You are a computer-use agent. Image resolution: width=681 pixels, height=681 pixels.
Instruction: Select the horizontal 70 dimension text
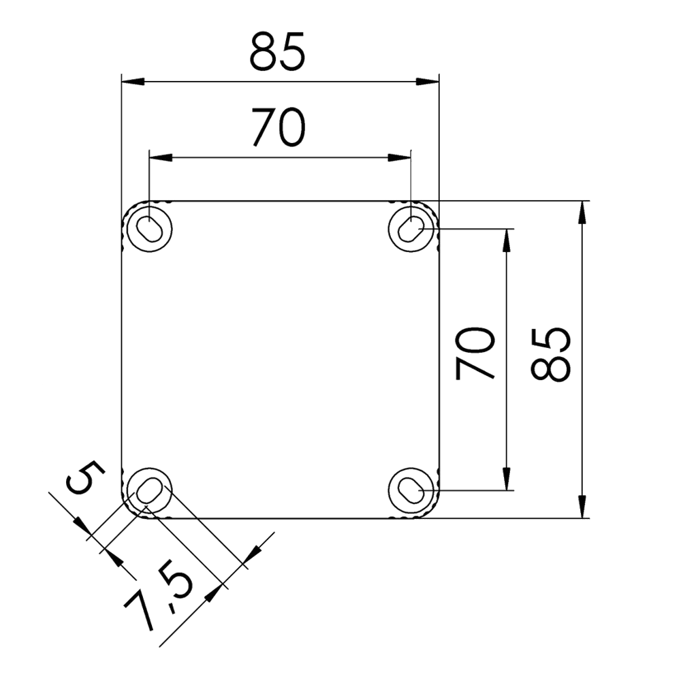[278, 127]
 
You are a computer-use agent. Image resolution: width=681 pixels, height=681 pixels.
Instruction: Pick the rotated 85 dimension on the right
[550, 354]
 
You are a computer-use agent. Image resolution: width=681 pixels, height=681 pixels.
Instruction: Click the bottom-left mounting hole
[148, 491]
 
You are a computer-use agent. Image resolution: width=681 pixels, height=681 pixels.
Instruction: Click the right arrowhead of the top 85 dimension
[426, 82]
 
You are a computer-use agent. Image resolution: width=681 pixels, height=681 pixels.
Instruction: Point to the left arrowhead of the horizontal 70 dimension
[160, 158]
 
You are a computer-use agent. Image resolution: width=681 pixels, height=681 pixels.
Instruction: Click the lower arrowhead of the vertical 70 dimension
[507, 477]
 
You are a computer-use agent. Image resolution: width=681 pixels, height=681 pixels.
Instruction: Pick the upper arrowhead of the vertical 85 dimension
[582, 214]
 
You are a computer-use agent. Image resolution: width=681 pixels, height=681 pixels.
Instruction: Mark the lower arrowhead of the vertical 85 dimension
[582, 508]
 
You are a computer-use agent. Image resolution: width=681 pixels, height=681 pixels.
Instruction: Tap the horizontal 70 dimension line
[279, 158]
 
